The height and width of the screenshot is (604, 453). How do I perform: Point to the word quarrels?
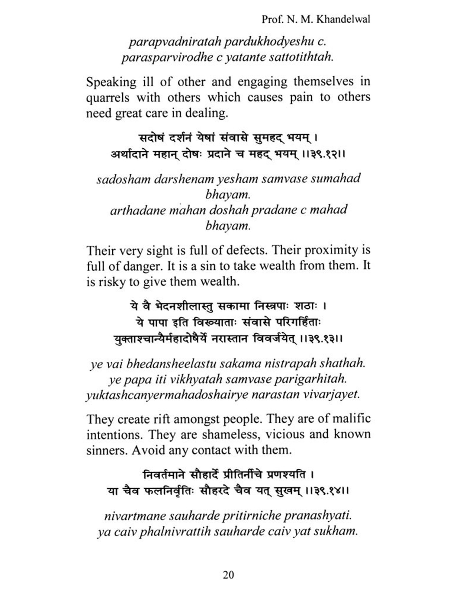pyautogui.click(x=108, y=98)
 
